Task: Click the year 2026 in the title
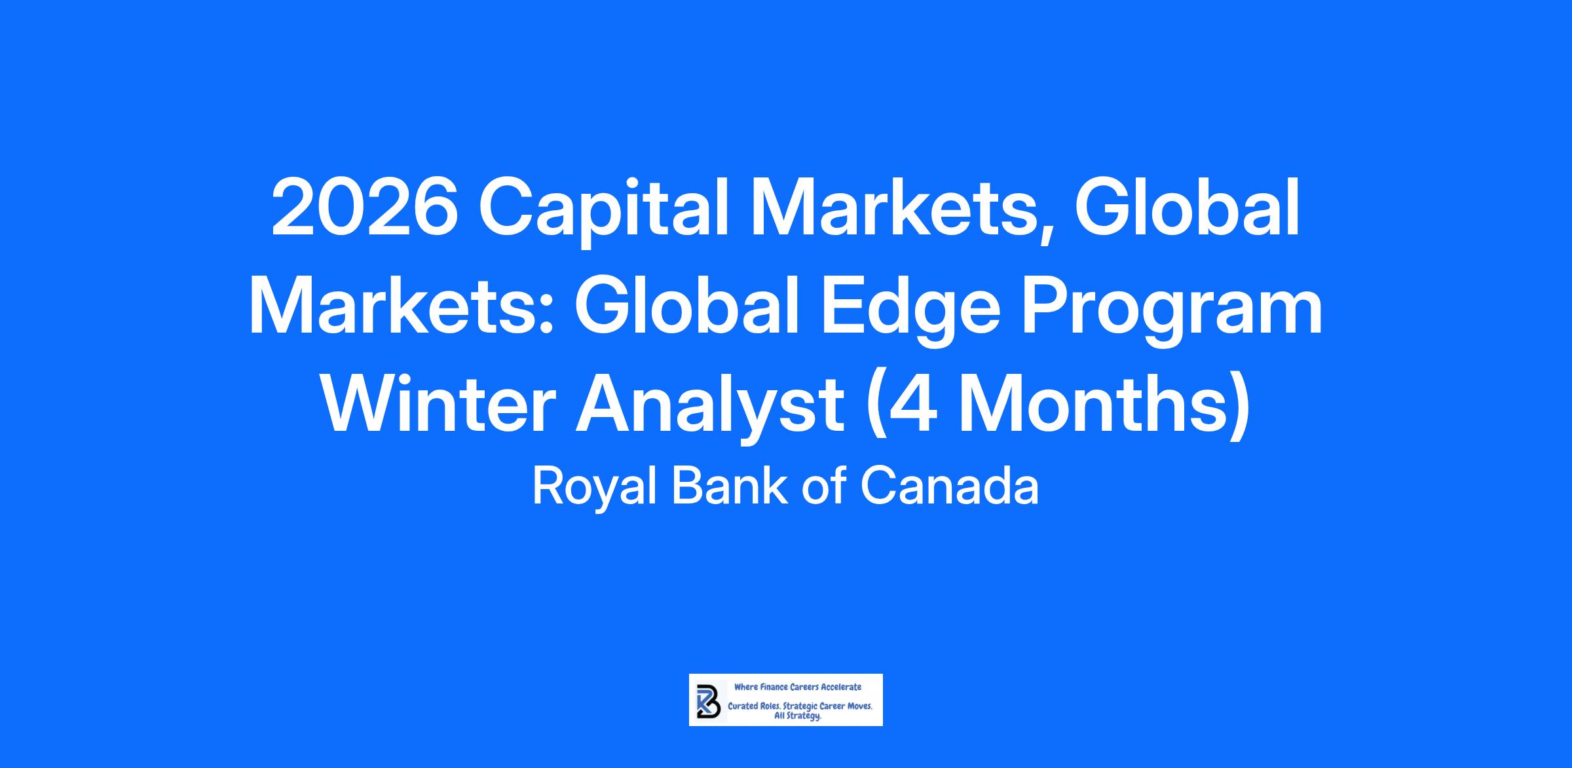pyautogui.click(x=365, y=208)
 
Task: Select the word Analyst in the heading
pyautogui.click(x=709, y=410)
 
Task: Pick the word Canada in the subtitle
pyautogui.click(x=949, y=486)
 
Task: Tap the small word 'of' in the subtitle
pyautogui.click(x=823, y=486)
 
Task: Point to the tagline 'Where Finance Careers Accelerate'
pyautogui.click(x=798, y=687)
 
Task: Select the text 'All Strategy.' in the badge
pyautogui.click(x=798, y=717)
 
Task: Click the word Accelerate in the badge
pyautogui.click(x=842, y=687)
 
